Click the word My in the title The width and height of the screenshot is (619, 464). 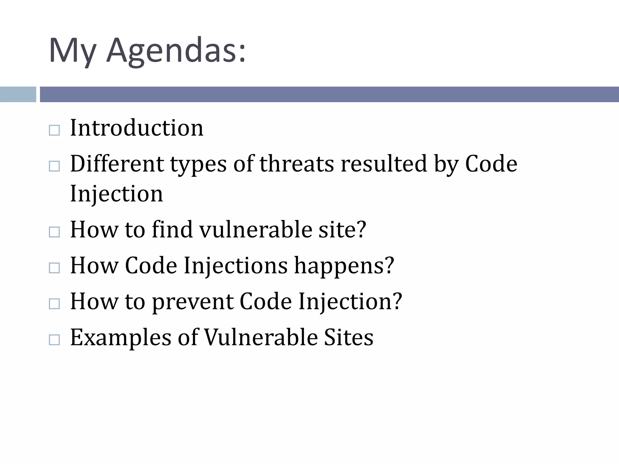[73, 50]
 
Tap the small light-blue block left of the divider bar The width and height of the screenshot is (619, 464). [18, 94]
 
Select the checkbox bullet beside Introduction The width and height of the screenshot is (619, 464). [54, 130]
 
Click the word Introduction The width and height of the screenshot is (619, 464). [137, 128]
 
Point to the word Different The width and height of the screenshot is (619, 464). [117, 164]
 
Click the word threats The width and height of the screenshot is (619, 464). [297, 164]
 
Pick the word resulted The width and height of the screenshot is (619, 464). [384, 164]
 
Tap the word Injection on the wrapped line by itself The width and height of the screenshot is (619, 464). [116, 194]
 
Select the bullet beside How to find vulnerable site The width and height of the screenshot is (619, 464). [54, 232]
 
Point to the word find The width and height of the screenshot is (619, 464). [172, 230]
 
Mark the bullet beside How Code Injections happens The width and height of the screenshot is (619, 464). [54, 268]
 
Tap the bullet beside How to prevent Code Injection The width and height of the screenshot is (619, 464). [54, 304]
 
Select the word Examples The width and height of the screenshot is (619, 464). [121, 337]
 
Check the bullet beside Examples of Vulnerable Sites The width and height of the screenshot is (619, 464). [54, 340]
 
